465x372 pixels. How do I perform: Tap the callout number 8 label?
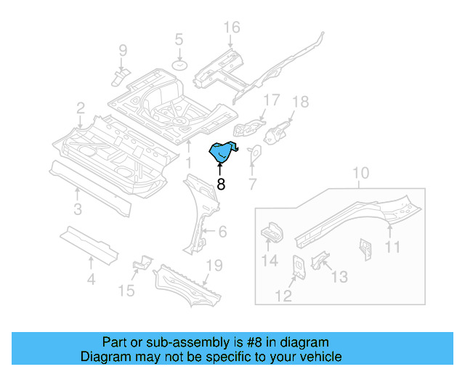(x=221, y=185)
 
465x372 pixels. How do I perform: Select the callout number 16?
(x=231, y=28)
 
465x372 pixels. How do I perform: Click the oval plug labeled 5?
(x=179, y=66)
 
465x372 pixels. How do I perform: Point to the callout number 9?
(x=123, y=50)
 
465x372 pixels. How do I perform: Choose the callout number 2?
(x=80, y=108)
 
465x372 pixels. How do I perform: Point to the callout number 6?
(x=222, y=232)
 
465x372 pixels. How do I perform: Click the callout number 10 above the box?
(x=361, y=173)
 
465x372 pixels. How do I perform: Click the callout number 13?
(x=340, y=277)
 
